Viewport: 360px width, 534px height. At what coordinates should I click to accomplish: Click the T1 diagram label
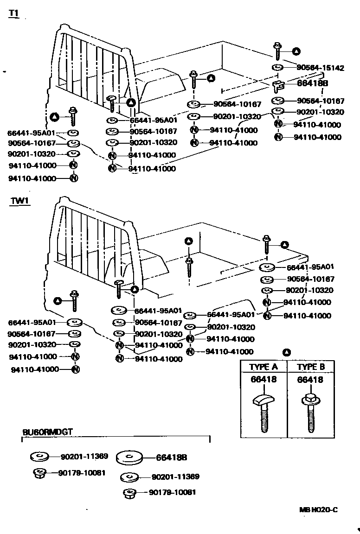[x=13, y=14]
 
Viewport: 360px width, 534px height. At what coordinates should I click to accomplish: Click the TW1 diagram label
[x=18, y=202]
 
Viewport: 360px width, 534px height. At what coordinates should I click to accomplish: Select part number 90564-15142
[x=320, y=68]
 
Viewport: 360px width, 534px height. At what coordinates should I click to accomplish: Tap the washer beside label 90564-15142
[x=277, y=68]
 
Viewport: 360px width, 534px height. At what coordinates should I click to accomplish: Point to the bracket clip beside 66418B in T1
[x=278, y=85]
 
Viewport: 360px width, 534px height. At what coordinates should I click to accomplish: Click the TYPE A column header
[x=264, y=367]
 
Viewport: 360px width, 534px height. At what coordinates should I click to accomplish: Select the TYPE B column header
[x=311, y=367]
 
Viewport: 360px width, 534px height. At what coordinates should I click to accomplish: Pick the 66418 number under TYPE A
[x=264, y=380]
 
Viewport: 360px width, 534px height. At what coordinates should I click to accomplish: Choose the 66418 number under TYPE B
[x=310, y=380]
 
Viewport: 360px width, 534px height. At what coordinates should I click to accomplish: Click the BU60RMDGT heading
[x=47, y=432]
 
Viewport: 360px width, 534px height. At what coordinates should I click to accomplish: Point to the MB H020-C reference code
[x=318, y=510]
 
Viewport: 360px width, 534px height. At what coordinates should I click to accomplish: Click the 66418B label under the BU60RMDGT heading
[x=172, y=458]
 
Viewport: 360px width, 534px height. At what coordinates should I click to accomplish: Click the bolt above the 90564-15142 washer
[x=277, y=51]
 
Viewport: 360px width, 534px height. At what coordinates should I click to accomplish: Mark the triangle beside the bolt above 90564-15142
[x=296, y=51]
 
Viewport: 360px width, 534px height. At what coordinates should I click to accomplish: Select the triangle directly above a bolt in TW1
[x=188, y=241]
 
